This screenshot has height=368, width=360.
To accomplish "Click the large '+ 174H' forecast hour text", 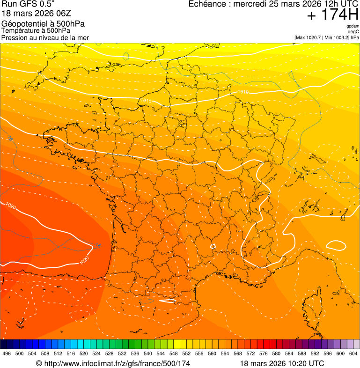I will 332,15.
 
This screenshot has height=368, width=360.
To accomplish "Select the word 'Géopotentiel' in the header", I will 21,24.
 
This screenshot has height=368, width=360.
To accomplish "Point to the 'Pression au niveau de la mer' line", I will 45,37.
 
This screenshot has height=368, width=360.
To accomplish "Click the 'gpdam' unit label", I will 353,26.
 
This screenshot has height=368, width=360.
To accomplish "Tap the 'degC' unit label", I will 353,31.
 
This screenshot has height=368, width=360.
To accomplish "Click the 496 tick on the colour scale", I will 7,353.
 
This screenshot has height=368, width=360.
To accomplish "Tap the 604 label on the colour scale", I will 353,353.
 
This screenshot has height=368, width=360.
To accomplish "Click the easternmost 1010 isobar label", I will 243,92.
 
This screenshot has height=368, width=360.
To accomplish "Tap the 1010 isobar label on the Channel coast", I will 145,101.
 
